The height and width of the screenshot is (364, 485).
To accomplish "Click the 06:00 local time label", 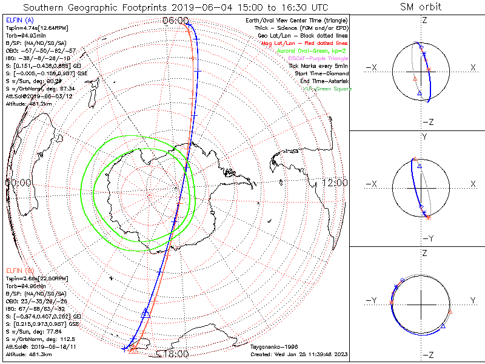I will coord(175,20).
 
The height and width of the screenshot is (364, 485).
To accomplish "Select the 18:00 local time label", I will coord(175,354).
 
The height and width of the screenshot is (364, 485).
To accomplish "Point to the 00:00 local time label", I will coord(19,182).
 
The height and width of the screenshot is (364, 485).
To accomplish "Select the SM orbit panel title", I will coord(420,7).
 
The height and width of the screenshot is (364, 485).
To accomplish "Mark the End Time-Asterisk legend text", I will coord(321,81).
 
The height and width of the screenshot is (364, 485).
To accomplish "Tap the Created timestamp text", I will coord(299,354).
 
